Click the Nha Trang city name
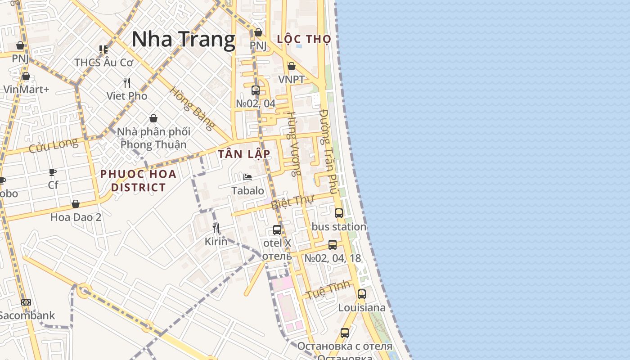[x=184, y=39]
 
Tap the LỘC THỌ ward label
[x=304, y=39]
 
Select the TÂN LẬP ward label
[x=244, y=154]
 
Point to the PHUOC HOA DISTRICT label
[x=138, y=180]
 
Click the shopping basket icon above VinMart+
[x=26, y=76]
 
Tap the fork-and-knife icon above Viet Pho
[x=127, y=82]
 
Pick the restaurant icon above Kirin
[x=216, y=228]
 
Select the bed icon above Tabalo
[x=247, y=177]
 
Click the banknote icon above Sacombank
[x=26, y=302]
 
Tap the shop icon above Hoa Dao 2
[x=76, y=204]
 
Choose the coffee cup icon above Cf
[x=53, y=172]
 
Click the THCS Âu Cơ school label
[x=104, y=63]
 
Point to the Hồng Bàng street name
[x=192, y=108]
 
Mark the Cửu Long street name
[x=53, y=146]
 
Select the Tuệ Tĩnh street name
[x=329, y=289]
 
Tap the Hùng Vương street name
[x=294, y=144]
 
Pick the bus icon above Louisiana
[x=362, y=294]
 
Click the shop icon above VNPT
[x=292, y=66]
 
